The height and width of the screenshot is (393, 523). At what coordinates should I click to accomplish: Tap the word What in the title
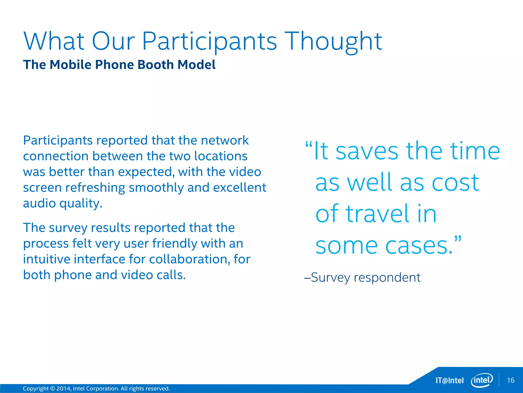pyautogui.click(x=54, y=41)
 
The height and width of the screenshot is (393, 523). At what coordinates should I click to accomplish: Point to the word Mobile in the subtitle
pyautogui.click(x=70, y=64)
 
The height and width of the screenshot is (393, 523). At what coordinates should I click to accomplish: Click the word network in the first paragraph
pyautogui.click(x=225, y=140)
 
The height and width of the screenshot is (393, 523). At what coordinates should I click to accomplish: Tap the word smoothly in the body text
pyautogui.click(x=156, y=188)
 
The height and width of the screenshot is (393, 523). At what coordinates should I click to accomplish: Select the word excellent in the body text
pyautogui.click(x=240, y=188)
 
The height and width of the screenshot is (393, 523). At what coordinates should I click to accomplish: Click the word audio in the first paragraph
pyautogui.click(x=39, y=203)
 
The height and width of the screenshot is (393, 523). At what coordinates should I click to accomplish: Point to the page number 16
pyautogui.click(x=511, y=380)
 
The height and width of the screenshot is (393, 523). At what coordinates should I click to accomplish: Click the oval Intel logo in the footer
pyautogui.click(x=482, y=380)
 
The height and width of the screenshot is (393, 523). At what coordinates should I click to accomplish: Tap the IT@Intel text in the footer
pyautogui.click(x=449, y=380)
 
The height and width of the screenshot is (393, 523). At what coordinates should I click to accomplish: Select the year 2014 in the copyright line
pyautogui.click(x=63, y=389)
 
